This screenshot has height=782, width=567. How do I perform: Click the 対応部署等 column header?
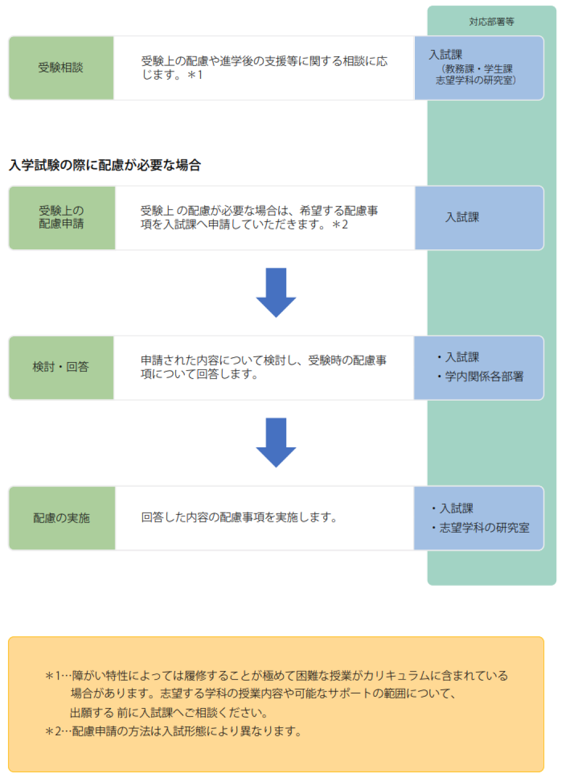click(x=491, y=21)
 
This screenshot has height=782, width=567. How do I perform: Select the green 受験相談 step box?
click(x=62, y=68)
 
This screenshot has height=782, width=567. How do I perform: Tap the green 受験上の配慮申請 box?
click(x=62, y=218)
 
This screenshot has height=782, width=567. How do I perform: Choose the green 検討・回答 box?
click(x=62, y=367)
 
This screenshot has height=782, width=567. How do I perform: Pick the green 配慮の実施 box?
click(x=62, y=518)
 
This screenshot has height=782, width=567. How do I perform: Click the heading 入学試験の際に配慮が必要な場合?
click(x=105, y=165)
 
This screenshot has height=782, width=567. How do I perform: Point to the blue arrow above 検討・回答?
click(x=276, y=292)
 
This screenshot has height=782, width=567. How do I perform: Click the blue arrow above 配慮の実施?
click(x=276, y=442)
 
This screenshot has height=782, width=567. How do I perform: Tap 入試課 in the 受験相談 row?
click(x=445, y=55)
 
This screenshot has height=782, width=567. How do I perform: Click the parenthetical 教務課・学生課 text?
click(x=476, y=69)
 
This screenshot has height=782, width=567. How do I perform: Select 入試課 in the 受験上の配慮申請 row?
click(x=462, y=217)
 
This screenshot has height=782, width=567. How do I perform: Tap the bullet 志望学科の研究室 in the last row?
click(x=481, y=527)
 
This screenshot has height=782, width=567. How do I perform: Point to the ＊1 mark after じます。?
click(x=195, y=75)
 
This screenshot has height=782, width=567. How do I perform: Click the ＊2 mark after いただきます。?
click(x=340, y=225)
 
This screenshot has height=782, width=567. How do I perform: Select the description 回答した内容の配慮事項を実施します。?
click(x=240, y=517)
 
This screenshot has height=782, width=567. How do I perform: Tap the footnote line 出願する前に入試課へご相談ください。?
click(x=169, y=712)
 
